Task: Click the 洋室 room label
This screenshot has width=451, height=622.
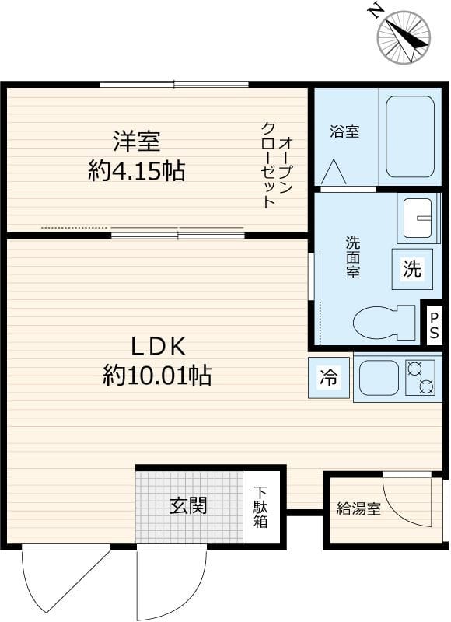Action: pyautogui.click(x=137, y=142)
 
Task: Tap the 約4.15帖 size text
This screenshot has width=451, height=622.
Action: pyautogui.click(x=137, y=171)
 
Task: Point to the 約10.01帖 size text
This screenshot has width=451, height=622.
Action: pyautogui.click(x=156, y=377)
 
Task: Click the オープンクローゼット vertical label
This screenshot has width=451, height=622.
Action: pyautogui.click(x=278, y=164)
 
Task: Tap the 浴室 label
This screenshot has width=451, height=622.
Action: pyautogui.click(x=344, y=131)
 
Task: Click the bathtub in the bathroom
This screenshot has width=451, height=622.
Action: pyautogui.click(x=410, y=137)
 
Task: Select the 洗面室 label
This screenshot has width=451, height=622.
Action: pyautogui.click(x=353, y=257)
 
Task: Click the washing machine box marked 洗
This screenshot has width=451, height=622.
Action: pyautogui.click(x=411, y=269)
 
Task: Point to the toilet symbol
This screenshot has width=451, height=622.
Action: pyautogui.click(x=384, y=321)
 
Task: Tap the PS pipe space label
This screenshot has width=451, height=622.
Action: pyautogui.click(x=434, y=324)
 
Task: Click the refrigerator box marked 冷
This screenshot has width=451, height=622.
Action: pyautogui.click(x=328, y=379)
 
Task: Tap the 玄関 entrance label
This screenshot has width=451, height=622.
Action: pyautogui.click(x=189, y=506)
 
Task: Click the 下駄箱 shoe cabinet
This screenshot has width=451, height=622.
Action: pyautogui.click(x=260, y=507)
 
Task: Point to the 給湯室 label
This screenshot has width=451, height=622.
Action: pyautogui.click(x=358, y=510)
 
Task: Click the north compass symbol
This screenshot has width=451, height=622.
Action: pyautogui.click(x=404, y=37)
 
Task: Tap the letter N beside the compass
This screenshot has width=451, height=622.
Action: pyautogui.click(x=376, y=10)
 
